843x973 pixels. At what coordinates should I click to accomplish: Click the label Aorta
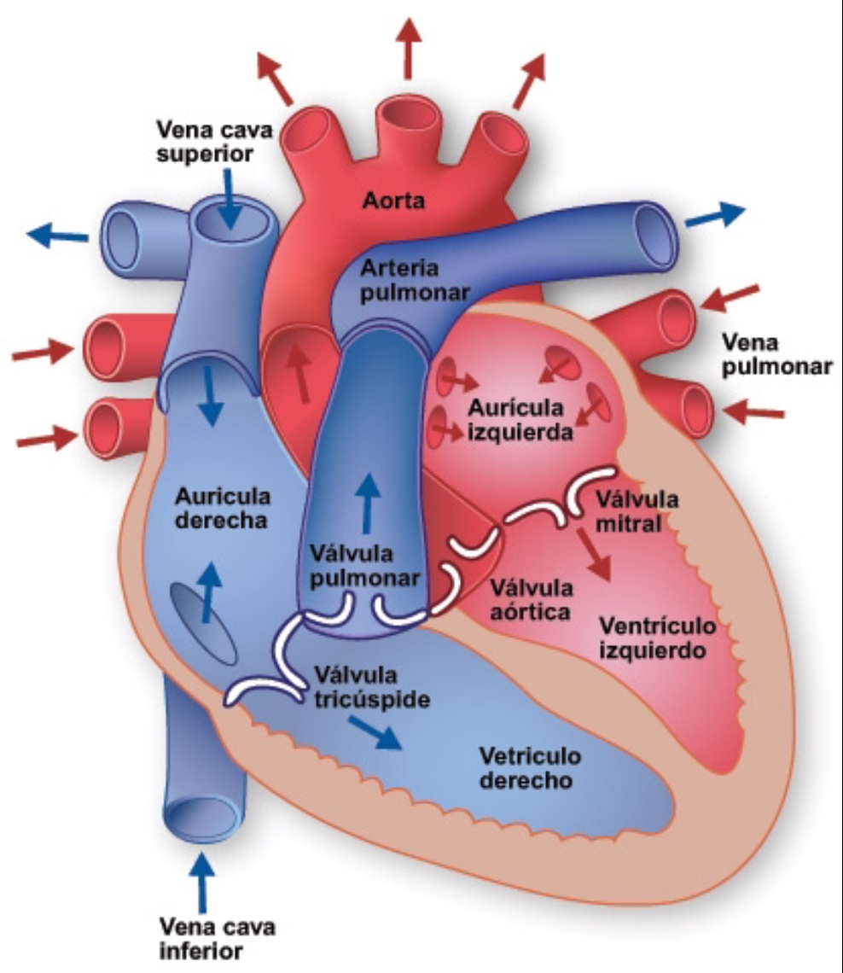(x=393, y=201)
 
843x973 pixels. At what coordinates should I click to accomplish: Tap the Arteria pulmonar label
(x=415, y=280)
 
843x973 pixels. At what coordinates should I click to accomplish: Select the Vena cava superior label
(x=214, y=142)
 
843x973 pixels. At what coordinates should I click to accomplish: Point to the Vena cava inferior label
(x=217, y=939)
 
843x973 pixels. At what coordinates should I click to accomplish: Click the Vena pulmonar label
(x=776, y=354)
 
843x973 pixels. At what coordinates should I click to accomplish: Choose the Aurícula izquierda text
(x=520, y=419)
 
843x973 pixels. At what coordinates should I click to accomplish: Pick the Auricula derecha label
(x=222, y=508)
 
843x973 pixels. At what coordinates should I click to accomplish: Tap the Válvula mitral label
(x=637, y=511)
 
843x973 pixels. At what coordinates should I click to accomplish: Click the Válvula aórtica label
(x=531, y=599)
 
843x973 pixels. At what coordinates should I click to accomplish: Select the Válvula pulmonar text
(x=364, y=565)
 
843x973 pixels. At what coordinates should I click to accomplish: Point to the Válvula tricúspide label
(x=371, y=688)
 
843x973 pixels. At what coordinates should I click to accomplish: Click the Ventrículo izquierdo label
(x=658, y=638)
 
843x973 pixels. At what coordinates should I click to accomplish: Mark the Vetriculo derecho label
(x=531, y=767)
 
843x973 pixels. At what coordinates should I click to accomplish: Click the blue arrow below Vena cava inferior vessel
(x=201, y=882)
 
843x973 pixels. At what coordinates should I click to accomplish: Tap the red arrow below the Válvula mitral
(x=595, y=555)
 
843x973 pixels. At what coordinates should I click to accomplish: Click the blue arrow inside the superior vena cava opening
(x=230, y=199)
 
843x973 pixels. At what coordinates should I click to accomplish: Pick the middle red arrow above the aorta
(x=408, y=49)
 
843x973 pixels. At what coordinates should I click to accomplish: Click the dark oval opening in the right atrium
(x=204, y=623)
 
